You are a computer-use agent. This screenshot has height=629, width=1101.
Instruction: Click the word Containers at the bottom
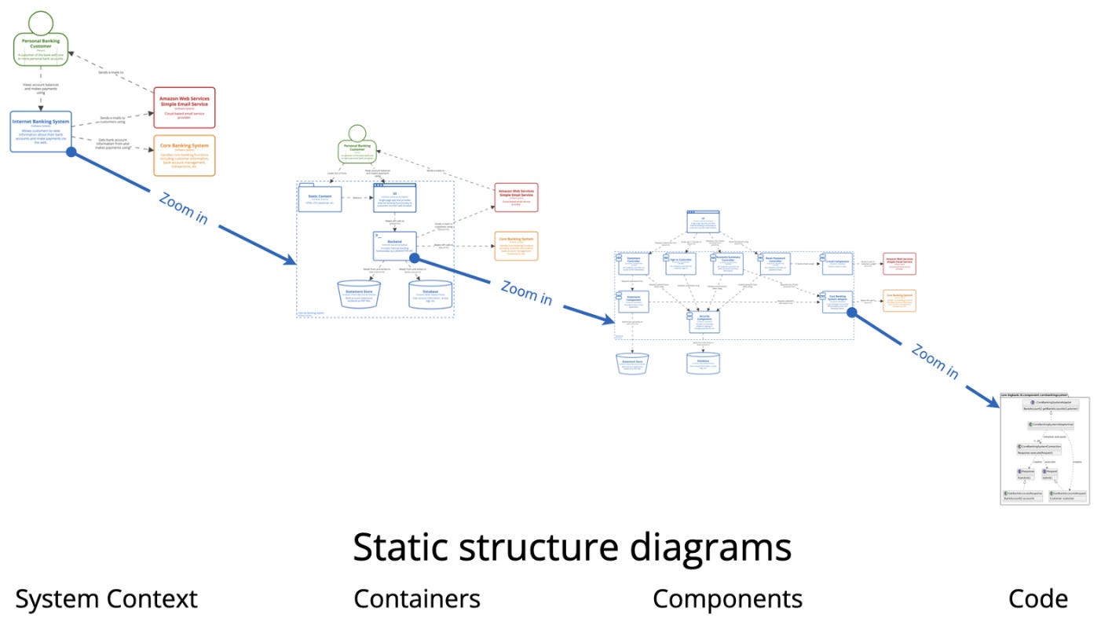[x=416, y=599]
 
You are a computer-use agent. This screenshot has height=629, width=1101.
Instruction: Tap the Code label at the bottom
[x=1037, y=599]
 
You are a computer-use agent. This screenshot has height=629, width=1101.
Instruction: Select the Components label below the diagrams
[x=727, y=599]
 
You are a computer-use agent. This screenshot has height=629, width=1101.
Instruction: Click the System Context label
[x=106, y=599]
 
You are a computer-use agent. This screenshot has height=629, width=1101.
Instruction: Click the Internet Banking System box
[x=41, y=131]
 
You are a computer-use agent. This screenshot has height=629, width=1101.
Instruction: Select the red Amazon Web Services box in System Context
[x=184, y=108]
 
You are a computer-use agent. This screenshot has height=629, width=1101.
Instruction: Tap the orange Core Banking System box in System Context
[x=184, y=155]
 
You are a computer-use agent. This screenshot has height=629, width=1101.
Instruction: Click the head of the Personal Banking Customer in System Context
[x=41, y=22]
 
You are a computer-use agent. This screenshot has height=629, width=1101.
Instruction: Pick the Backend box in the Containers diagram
[x=394, y=246]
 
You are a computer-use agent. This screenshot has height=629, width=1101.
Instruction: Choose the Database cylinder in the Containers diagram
[x=430, y=294]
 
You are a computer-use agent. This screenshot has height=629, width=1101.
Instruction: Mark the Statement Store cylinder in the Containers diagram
[x=359, y=294]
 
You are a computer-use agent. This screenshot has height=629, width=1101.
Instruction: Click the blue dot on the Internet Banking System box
[x=71, y=152]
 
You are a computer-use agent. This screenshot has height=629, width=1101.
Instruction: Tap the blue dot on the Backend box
[x=413, y=258]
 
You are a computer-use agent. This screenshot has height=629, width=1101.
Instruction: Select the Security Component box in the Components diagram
[x=704, y=320]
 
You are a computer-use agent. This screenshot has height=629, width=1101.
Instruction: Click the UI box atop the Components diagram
[x=704, y=221]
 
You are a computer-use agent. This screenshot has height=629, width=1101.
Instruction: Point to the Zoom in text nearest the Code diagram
[x=935, y=361]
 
